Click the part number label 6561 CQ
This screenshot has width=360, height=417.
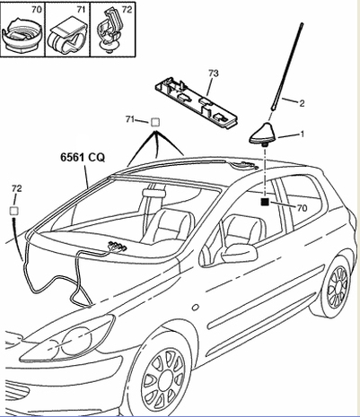(83, 157)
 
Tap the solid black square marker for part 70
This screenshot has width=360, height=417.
(265, 203)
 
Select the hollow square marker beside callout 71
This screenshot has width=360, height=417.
(155, 122)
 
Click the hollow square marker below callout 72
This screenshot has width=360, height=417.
(14, 211)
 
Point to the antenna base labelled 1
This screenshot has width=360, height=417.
(264, 135)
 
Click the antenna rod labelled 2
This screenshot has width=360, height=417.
(286, 66)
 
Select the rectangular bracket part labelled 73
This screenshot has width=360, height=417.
(196, 101)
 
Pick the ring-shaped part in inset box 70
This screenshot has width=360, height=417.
(22, 35)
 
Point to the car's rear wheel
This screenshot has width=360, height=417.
(336, 287)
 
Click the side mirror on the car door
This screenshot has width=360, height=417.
(239, 254)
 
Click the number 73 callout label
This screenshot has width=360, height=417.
(214, 74)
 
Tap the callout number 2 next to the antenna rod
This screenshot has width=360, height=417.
(302, 103)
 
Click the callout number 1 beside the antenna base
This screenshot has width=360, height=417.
(302, 134)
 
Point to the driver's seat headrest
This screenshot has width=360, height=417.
(154, 193)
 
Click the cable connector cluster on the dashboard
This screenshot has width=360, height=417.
(118, 247)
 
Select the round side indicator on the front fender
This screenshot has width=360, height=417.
(195, 308)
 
